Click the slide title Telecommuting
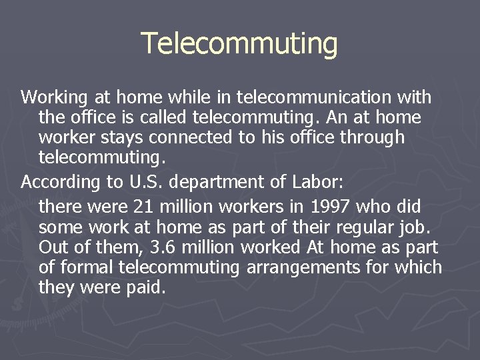(239, 44)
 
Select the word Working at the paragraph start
(54, 98)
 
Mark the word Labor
(316, 181)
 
